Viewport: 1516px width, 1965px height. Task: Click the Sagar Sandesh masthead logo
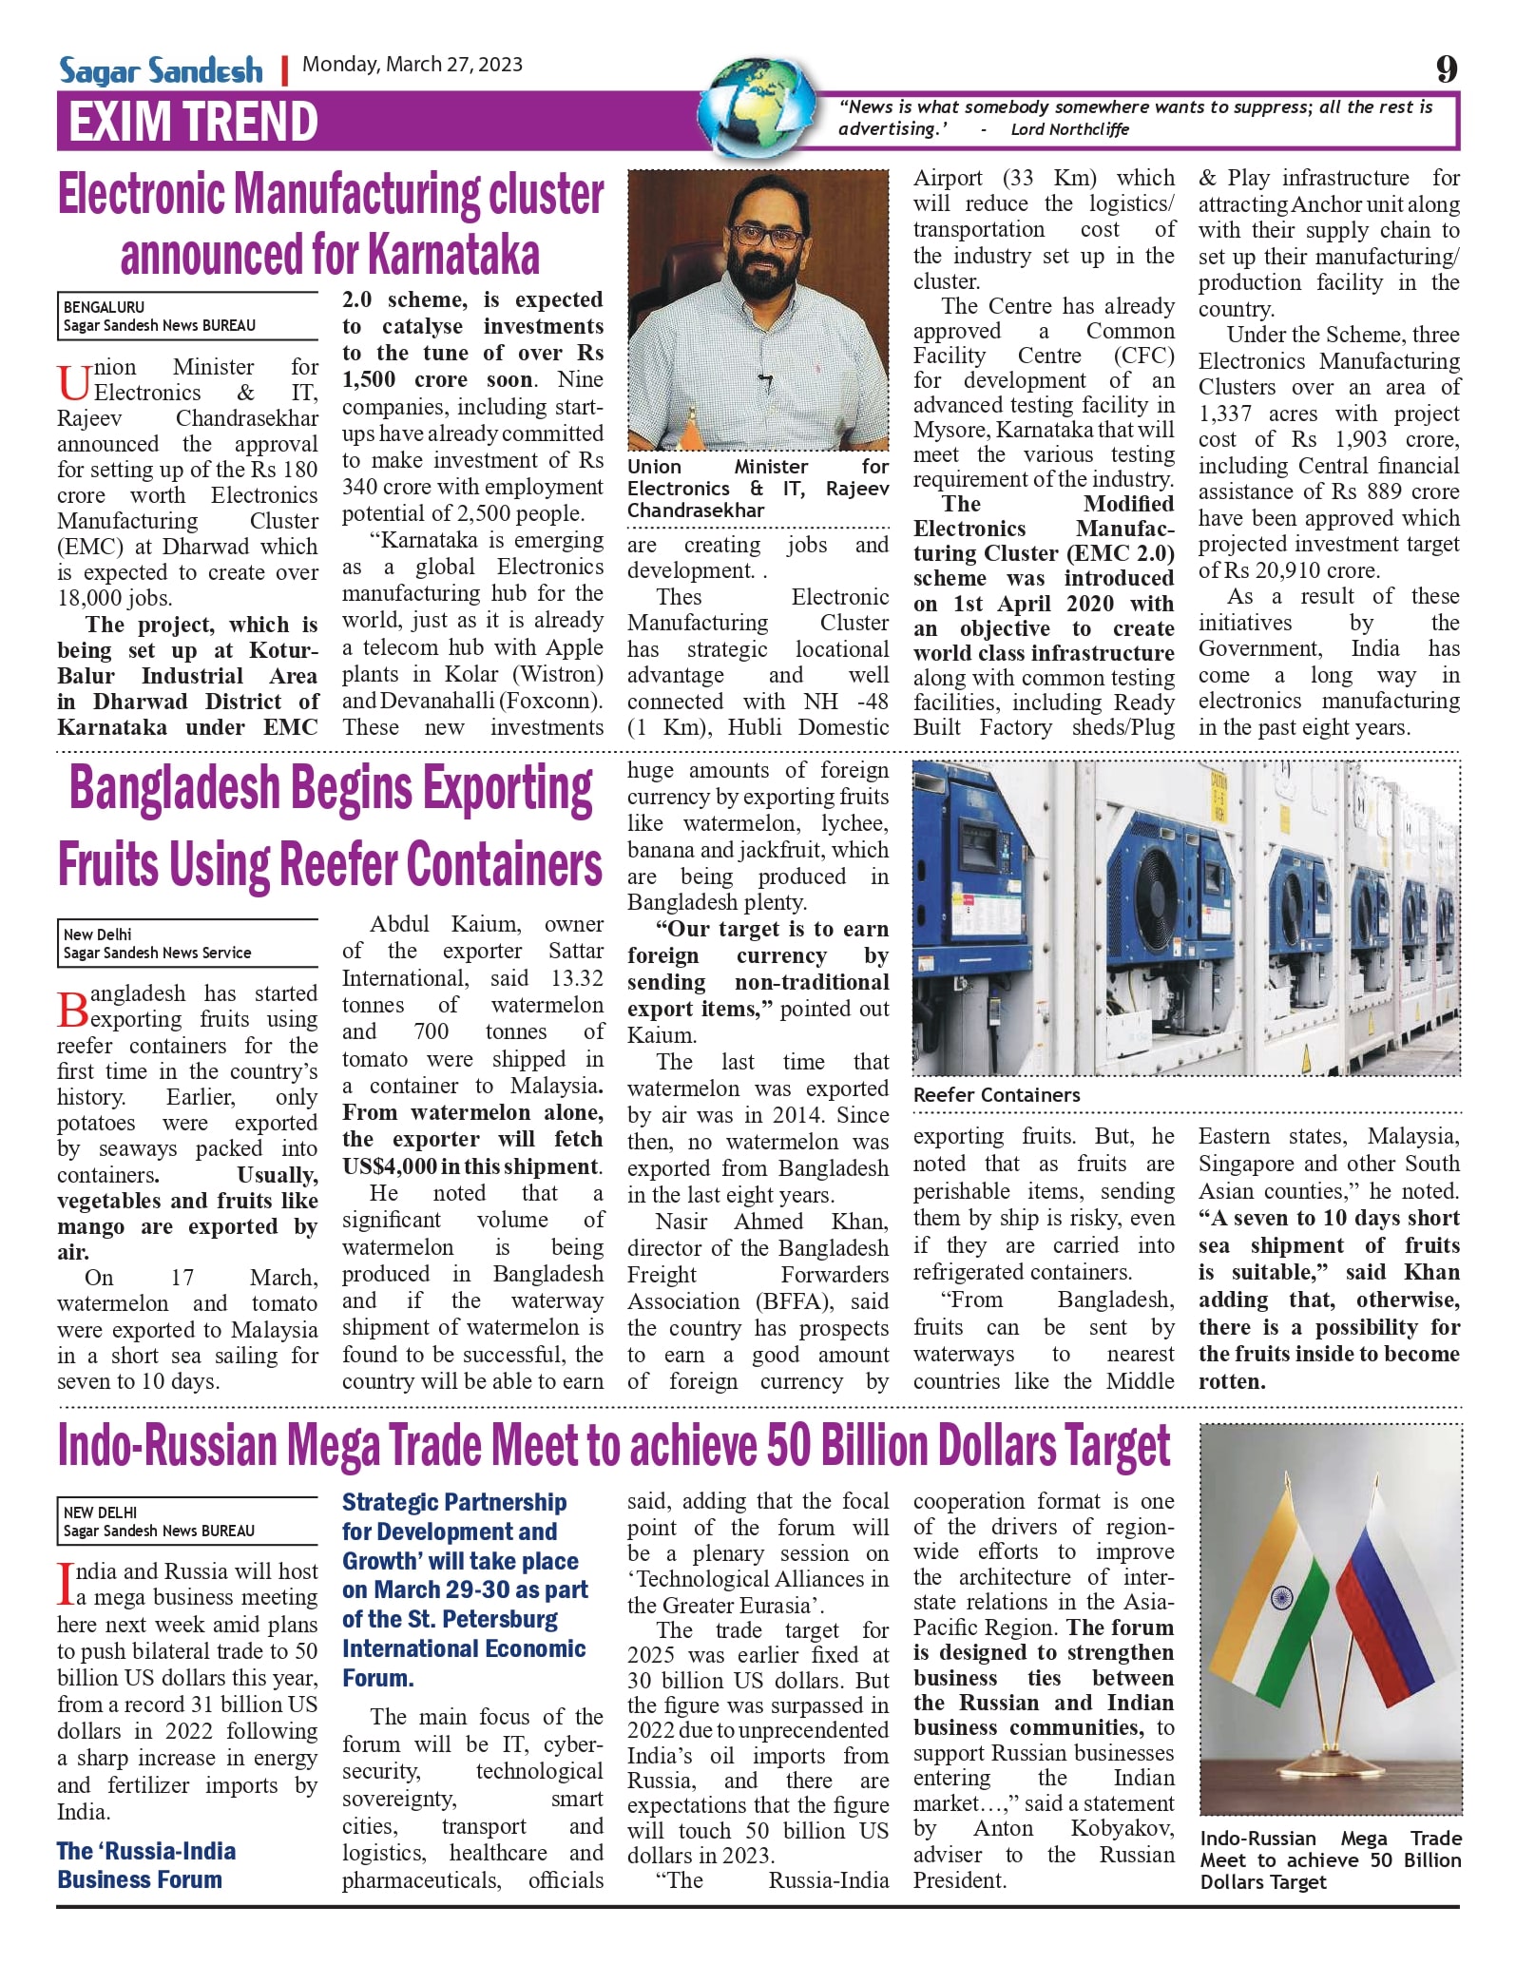[161, 70]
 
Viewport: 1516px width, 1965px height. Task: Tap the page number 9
[1446, 68]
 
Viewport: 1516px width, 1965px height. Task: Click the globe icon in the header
[760, 106]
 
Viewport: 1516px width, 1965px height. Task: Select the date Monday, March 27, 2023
[413, 65]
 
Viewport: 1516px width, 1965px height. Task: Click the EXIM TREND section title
[193, 122]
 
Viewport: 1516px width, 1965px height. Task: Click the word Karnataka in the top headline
[453, 254]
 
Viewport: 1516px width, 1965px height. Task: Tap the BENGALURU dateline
[105, 307]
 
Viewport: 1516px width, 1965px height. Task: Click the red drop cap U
[73, 382]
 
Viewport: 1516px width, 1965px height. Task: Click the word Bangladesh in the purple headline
[175, 789]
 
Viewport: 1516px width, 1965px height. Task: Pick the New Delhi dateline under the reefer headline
[98, 934]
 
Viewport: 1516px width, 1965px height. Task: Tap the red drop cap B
[72, 1009]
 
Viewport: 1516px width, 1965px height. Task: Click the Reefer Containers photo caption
[996, 1095]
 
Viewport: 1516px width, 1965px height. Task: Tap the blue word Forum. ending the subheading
[378, 1678]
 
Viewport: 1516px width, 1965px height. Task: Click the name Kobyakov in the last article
[1122, 1828]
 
